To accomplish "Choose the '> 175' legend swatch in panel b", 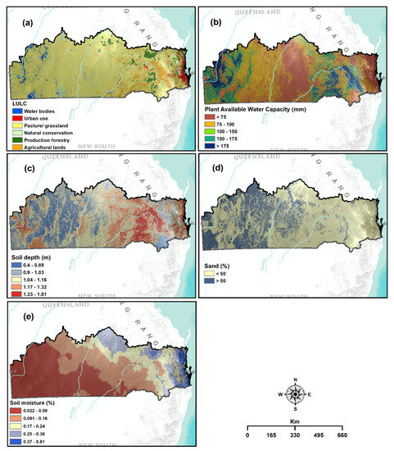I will click(x=212, y=143).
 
